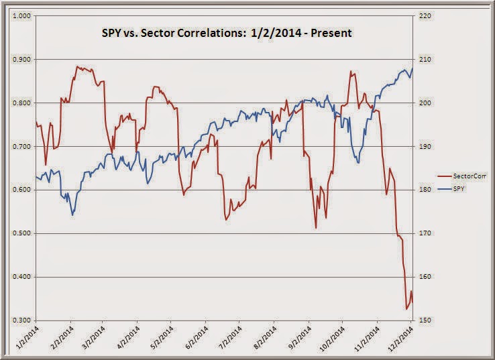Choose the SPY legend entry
click(x=460, y=190)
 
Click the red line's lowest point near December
click(x=406, y=309)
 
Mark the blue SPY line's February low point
click(x=72, y=215)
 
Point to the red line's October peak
click(x=350, y=71)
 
